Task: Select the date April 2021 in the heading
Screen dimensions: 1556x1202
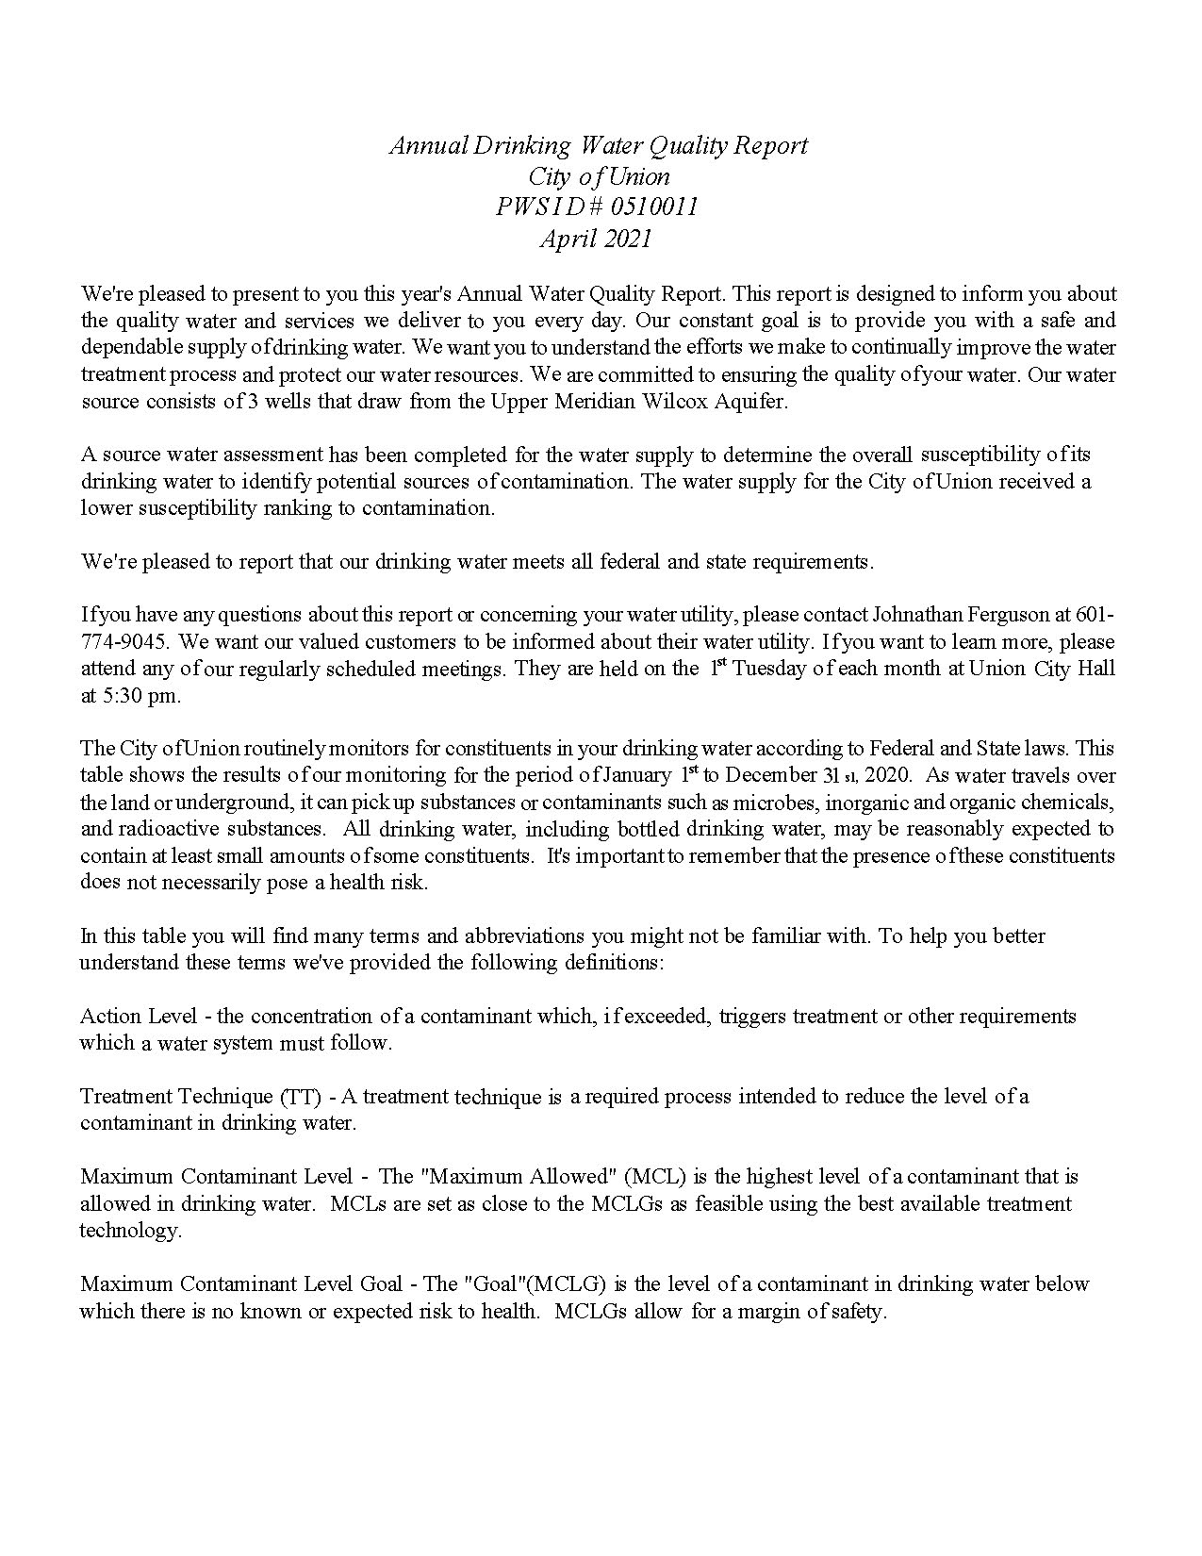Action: (596, 239)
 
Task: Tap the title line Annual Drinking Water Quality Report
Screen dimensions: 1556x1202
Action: (599, 146)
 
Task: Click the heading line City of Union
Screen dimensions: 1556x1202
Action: (599, 176)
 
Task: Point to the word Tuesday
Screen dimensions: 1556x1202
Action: (769, 669)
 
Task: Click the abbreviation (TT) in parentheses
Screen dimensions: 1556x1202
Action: (302, 1097)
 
